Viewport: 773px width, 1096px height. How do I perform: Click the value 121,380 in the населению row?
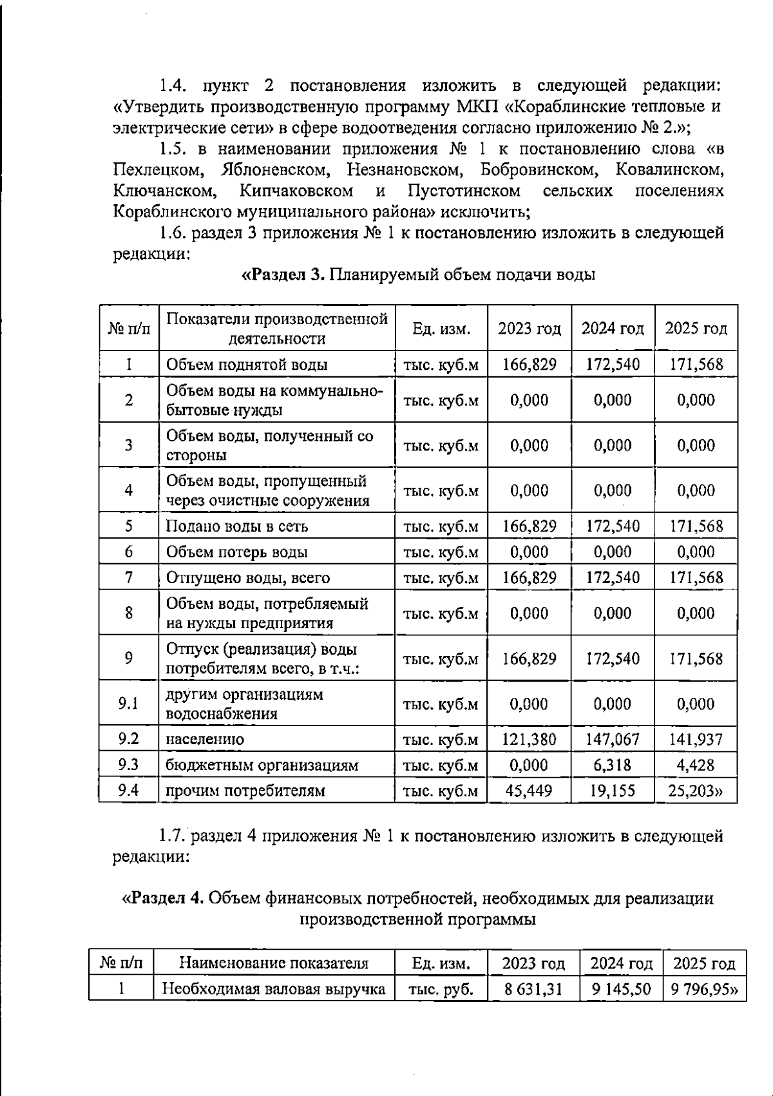(529, 739)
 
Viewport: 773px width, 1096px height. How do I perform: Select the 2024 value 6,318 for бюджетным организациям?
(613, 765)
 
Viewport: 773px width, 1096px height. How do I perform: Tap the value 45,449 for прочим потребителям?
(529, 791)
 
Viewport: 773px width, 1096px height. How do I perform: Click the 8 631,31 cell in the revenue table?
(533, 989)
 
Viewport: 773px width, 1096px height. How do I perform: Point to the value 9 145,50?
(621, 989)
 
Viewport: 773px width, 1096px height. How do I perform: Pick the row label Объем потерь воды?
(236, 552)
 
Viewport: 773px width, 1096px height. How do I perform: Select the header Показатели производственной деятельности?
(277, 329)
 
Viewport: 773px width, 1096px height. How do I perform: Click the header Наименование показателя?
(274, 963)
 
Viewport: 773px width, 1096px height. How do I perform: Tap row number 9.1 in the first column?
(129, 704)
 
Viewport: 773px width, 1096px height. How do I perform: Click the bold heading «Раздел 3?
(282, 275)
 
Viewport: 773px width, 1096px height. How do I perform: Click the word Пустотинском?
(464, 191)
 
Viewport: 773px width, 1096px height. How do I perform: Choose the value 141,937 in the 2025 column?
(696, 739)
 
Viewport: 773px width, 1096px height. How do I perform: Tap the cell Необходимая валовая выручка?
(273, 989)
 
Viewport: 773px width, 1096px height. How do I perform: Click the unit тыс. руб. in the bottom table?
(441, 989)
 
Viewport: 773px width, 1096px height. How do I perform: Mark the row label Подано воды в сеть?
(236, 526)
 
